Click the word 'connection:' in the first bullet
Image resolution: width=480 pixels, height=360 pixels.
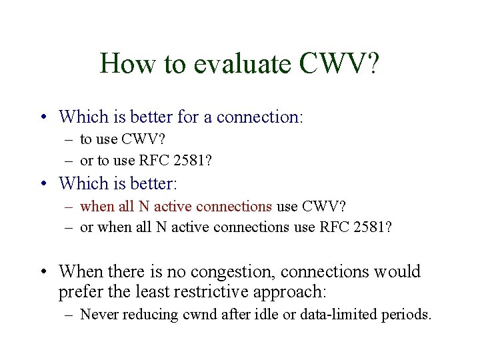coord(260,117)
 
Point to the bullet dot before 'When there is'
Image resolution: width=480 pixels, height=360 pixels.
coord(43,272)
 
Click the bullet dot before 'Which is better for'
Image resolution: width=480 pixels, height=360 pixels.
coord(43,118)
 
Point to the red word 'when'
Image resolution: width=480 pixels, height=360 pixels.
coord(97,206)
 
